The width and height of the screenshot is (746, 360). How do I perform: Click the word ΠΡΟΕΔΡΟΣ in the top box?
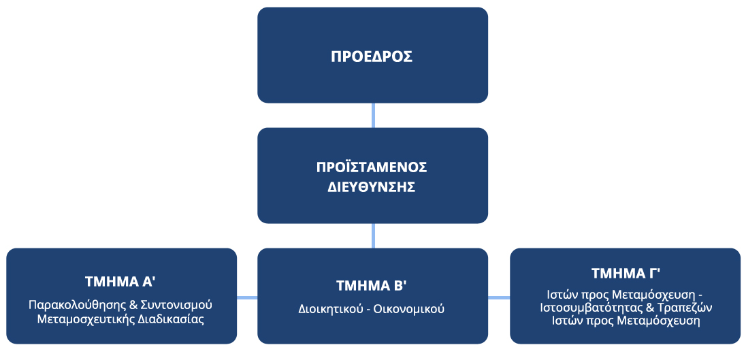372,56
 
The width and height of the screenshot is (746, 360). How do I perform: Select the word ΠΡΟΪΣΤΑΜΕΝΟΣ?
372,167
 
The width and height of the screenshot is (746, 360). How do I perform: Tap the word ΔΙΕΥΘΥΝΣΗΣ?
372,187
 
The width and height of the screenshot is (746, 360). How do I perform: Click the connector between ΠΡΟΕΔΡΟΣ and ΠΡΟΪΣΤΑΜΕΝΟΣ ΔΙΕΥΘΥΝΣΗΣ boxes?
372,115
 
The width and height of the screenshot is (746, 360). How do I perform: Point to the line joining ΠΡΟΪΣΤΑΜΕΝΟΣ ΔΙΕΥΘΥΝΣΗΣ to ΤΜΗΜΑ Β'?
372,236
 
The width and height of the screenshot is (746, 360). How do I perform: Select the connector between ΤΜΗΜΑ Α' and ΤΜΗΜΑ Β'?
247,297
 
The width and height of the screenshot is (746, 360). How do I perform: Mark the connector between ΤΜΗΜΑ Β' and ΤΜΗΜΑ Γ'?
499,297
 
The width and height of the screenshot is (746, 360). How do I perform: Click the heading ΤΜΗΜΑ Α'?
121,282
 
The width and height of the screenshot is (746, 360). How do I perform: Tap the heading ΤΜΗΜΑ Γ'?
626,274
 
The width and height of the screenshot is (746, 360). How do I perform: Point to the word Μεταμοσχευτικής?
84,319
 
